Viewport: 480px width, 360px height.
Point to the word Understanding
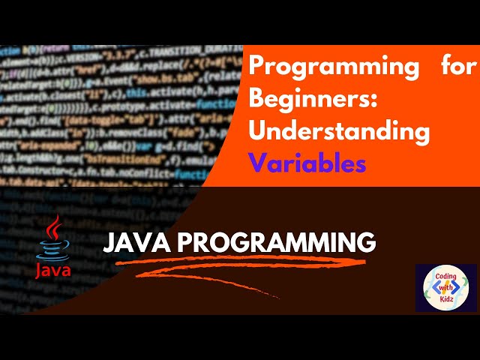[339, 131]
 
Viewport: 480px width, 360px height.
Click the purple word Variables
[307, 163]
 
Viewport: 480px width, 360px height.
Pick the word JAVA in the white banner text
[134, 242]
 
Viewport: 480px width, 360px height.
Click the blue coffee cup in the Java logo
[52, 249]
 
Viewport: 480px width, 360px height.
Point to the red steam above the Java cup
[52, 228]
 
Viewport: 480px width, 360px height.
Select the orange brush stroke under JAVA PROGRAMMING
[247, 267]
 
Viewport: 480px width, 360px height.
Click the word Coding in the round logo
[446, 275]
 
